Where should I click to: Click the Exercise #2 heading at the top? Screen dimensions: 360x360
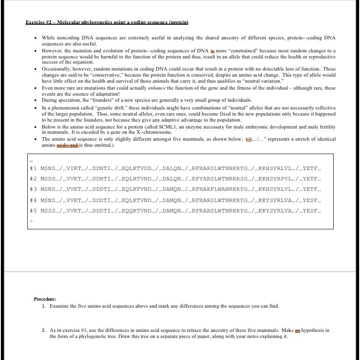107,22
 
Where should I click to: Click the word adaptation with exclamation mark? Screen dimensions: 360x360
106,94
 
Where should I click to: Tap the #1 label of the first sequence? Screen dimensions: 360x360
34,168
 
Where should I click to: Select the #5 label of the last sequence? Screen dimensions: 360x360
34,211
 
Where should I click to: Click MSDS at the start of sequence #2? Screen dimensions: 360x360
48,179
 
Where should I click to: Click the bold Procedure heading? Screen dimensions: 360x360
45,299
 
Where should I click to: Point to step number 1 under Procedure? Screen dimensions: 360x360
44,306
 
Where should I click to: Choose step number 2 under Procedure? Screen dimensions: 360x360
44,330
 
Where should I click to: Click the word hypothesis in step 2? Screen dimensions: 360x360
315,330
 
